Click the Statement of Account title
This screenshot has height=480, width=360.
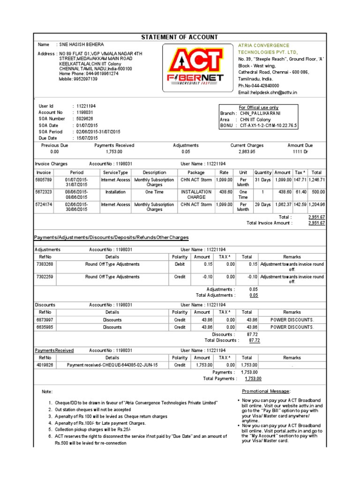180,37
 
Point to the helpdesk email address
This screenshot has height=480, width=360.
267,92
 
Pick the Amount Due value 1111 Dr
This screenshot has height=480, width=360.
300,152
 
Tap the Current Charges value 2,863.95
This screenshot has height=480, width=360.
247,152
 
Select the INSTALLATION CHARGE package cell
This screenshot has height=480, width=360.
196,195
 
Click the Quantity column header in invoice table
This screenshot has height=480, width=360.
262,172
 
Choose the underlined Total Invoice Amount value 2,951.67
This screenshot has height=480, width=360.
316,223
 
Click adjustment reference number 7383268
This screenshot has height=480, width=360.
45,264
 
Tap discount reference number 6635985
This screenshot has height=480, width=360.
45,327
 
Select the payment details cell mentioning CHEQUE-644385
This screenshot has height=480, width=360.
112,365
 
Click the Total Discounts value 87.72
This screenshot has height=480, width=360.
255,340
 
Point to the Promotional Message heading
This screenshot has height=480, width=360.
266,391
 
